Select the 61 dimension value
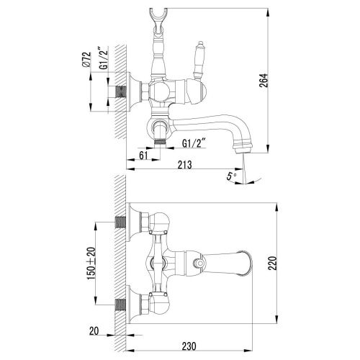(x=143, y=153)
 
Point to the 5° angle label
(x=230, y=175)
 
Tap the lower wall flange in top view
(x=131, y=304)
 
